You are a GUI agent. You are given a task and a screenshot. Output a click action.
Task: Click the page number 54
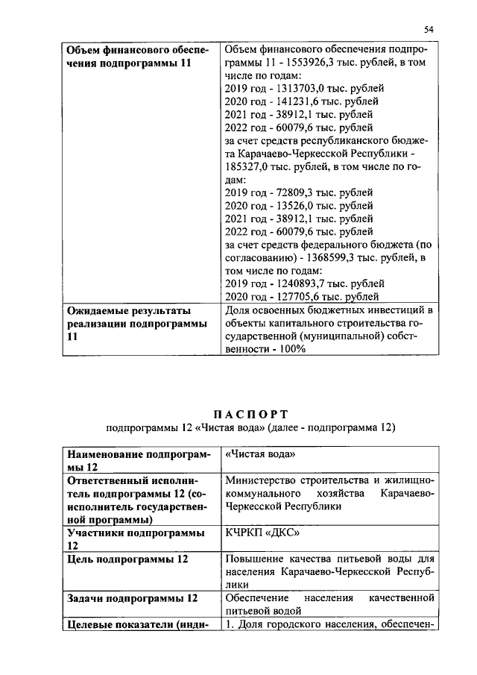tap(429, 29)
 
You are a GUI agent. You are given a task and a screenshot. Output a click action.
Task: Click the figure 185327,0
tap(248, 167)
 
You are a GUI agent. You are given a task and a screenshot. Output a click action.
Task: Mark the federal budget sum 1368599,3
tap(337, 258)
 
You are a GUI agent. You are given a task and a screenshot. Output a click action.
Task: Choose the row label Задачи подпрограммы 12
tap(133, 598)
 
